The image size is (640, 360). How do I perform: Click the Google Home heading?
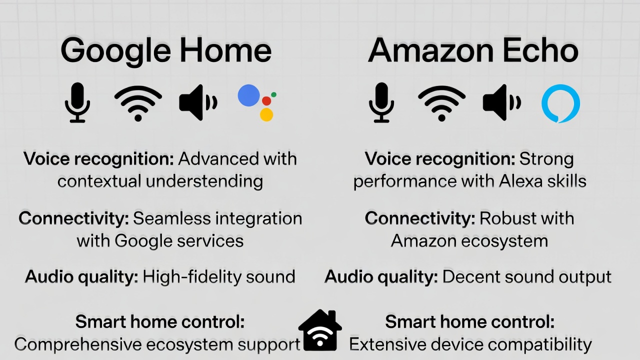pos(165,50)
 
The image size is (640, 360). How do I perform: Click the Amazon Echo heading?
pos(473,50)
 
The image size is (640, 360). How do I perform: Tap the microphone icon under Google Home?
pos(77,102)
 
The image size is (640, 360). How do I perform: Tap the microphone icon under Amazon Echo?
pos(381,102)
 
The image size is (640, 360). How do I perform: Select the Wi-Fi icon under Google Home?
pos(138,103)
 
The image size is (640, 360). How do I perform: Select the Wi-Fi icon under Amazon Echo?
pos(441,103)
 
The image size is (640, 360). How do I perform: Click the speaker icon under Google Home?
pos(197,103)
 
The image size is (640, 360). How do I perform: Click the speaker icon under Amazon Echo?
pos(501,103)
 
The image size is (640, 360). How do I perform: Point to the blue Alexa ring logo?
pos(560,103)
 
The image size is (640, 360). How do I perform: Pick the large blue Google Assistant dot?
pos(248,95)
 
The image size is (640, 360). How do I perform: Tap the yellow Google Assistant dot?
pos(266,114)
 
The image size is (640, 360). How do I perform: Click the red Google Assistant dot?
pos(266,100)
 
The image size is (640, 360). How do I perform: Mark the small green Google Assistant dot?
pos(273,94)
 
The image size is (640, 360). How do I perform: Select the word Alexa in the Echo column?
pos(520,181)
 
